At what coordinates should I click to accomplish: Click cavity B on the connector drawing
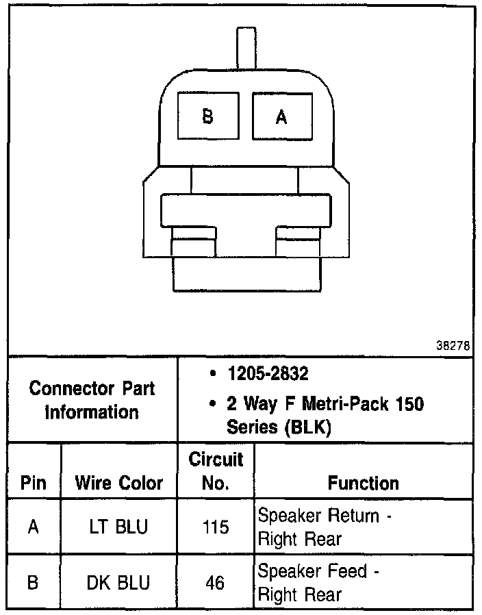207,116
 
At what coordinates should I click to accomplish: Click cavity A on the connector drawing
281,116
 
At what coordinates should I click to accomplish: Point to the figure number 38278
453,347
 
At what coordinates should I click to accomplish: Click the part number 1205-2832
268,375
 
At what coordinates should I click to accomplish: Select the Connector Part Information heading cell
92,400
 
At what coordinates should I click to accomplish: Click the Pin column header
33,483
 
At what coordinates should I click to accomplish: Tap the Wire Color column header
119,483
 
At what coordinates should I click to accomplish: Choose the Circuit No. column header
216,470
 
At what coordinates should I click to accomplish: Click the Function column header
363,483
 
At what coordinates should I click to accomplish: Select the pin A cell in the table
33,527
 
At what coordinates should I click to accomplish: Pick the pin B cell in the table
33,583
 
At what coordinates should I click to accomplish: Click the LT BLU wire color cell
119,527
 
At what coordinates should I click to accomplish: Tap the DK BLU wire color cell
119,583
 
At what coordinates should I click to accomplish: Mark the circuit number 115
216,527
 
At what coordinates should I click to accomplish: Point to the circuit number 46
216,583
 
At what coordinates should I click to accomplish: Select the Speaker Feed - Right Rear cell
318,583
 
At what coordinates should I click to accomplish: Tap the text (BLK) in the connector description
306,427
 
